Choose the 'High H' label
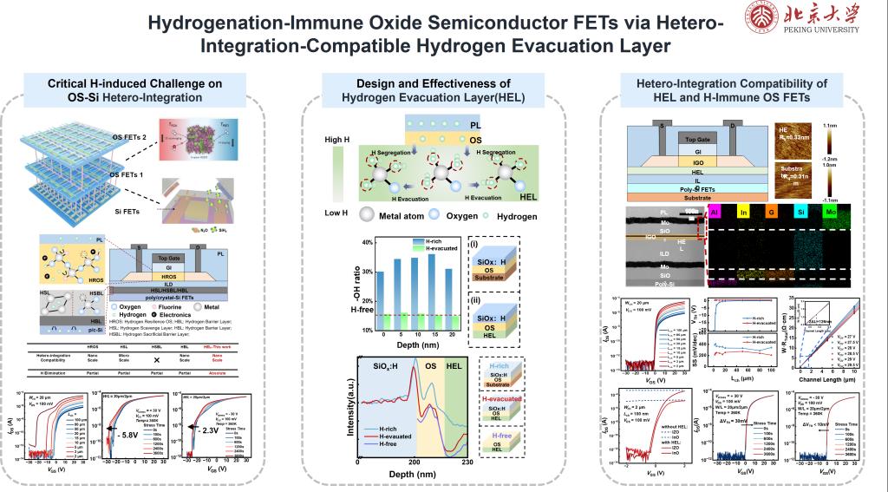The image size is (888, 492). [x=336, y=140]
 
